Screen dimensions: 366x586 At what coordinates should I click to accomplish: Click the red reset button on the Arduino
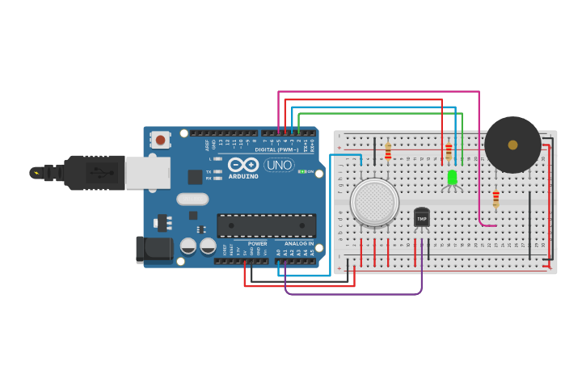point(160,140)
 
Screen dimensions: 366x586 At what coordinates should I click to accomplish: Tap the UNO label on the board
point(279,165)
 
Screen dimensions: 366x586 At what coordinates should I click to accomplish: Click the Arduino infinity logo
point(242,165)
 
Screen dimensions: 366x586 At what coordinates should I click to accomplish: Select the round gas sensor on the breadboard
point(374,201)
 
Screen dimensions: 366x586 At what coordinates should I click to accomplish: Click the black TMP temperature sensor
point(422,217)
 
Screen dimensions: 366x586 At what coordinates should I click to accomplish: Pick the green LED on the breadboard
point(452,177)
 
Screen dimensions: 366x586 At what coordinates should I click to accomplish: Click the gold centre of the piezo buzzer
point(512,145)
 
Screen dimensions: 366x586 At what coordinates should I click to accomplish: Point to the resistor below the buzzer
point(495,199)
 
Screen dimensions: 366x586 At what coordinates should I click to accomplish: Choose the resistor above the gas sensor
point(388,151)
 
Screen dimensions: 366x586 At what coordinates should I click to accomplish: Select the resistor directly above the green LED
point(449,151)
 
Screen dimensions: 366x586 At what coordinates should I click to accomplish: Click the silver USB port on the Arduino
point(148,172)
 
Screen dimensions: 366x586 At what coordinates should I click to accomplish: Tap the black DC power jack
point(154,250)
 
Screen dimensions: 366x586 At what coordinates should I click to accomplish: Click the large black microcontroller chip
point(266,225)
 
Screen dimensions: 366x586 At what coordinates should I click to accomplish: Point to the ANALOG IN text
point(299,243)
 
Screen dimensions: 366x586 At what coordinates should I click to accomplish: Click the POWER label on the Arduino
point(257,243)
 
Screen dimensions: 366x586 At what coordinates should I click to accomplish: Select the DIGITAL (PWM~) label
point(276,149)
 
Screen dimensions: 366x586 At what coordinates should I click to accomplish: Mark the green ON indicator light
point(301,171)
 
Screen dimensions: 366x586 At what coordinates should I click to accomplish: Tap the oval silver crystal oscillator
point(192,199)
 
